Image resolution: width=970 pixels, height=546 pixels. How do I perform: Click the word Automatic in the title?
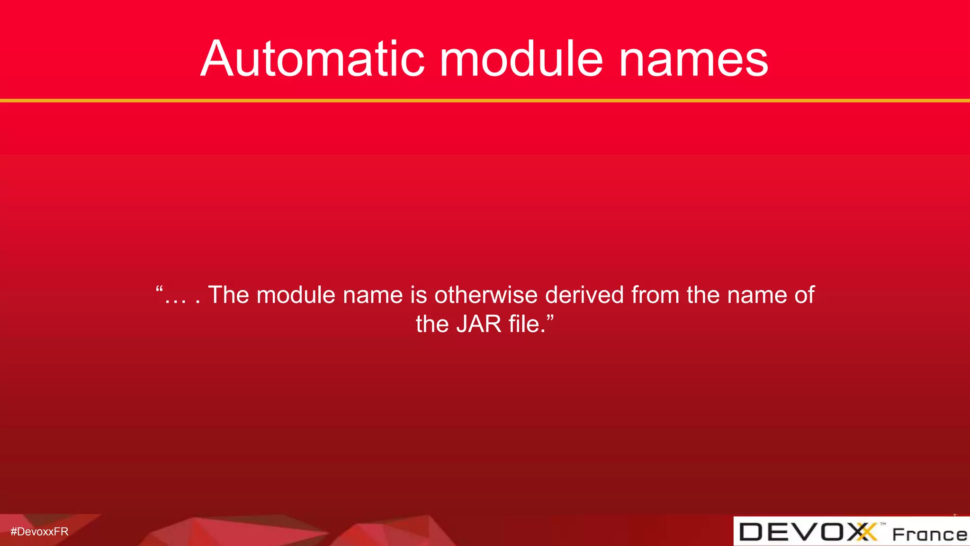[313, 59]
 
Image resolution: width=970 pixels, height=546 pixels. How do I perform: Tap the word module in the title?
[521, 59]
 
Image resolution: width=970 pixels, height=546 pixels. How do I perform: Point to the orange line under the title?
[485, 100]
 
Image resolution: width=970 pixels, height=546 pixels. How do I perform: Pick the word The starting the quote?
[228, 295]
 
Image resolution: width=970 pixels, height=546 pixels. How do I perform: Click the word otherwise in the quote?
[486, 295]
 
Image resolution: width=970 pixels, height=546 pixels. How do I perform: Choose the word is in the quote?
[419, 295]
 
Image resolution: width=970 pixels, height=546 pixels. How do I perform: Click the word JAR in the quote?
[478, 324]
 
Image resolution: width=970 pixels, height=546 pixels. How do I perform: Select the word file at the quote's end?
[524, 324]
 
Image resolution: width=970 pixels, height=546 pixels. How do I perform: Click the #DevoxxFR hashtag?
[39, 532]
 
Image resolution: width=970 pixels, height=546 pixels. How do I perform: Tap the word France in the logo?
[929, 535]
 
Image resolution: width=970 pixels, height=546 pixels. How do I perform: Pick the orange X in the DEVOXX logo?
[867, 532]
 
